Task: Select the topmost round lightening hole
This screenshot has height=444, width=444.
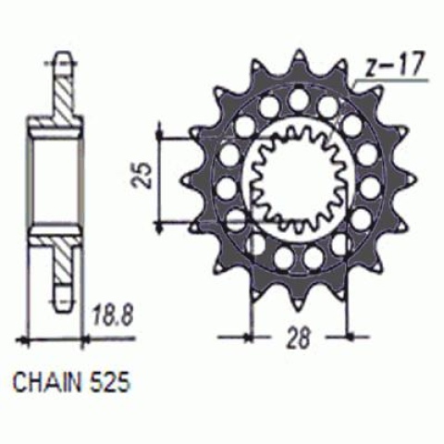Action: pyautogui.click(x=298, y=97)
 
